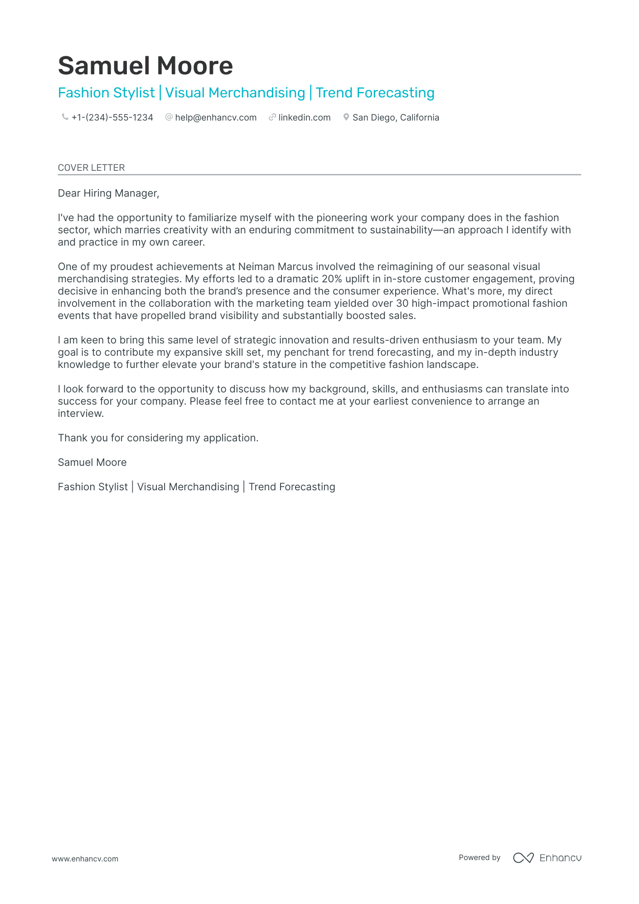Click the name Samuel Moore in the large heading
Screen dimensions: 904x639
click(145, 66)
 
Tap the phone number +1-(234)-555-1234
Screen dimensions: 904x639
click(112, 117)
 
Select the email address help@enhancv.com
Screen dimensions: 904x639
click(216, 117)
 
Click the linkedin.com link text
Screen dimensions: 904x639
click(305, 117)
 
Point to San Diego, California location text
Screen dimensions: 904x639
click(396, 117)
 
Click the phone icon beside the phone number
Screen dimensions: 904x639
click(65, 117)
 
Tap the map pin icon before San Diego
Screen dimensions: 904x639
click(346, 117)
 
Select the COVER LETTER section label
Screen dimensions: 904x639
click(91, 168)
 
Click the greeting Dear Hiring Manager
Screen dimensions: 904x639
click(108, 193)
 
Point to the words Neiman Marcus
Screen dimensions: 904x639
click(276, 266)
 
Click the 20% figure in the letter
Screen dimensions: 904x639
click(332, 279)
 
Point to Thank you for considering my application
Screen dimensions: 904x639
click(158, 438)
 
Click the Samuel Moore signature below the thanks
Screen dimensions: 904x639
click(92, 462)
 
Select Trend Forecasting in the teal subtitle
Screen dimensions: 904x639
click(375, 93)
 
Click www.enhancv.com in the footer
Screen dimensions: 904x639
click(85, 859)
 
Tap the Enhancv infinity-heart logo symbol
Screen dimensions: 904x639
click(523, 858)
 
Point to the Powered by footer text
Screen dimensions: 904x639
click(479, 857)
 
